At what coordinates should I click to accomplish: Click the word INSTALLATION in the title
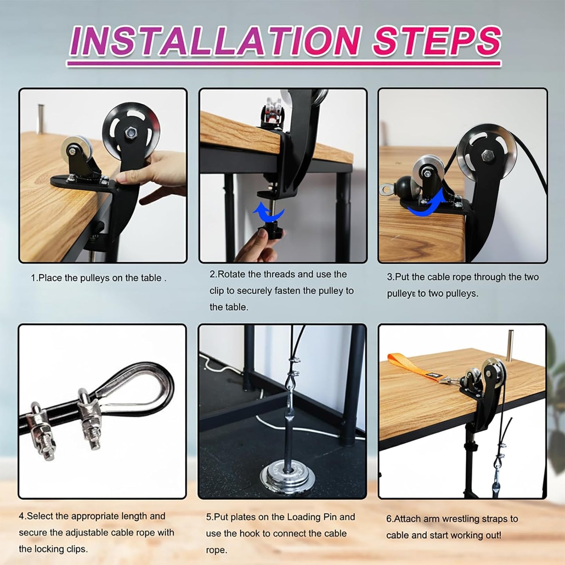click(x=214, y=41)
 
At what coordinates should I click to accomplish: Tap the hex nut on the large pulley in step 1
click(x=129, y=133)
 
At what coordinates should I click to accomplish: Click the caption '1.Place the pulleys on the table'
click(x=99, y=278)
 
